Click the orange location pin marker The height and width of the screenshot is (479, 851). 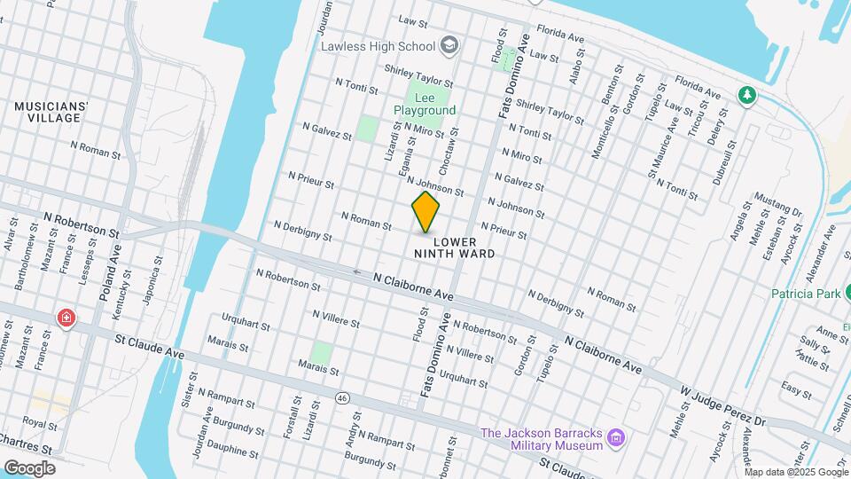click(x=425, y=212)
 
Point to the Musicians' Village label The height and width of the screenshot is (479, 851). click(x=51, y=112)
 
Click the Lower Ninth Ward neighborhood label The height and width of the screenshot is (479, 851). click(x=454, y=247)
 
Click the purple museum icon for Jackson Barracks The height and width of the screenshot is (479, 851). click(x=618, y=438)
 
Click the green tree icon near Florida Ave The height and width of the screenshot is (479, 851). click(x=747, y=94)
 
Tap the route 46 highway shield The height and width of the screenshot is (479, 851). click(x=342, y=398)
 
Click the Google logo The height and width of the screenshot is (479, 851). click(x=29, y=467)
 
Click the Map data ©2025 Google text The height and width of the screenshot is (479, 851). click(x=797, y=471)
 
